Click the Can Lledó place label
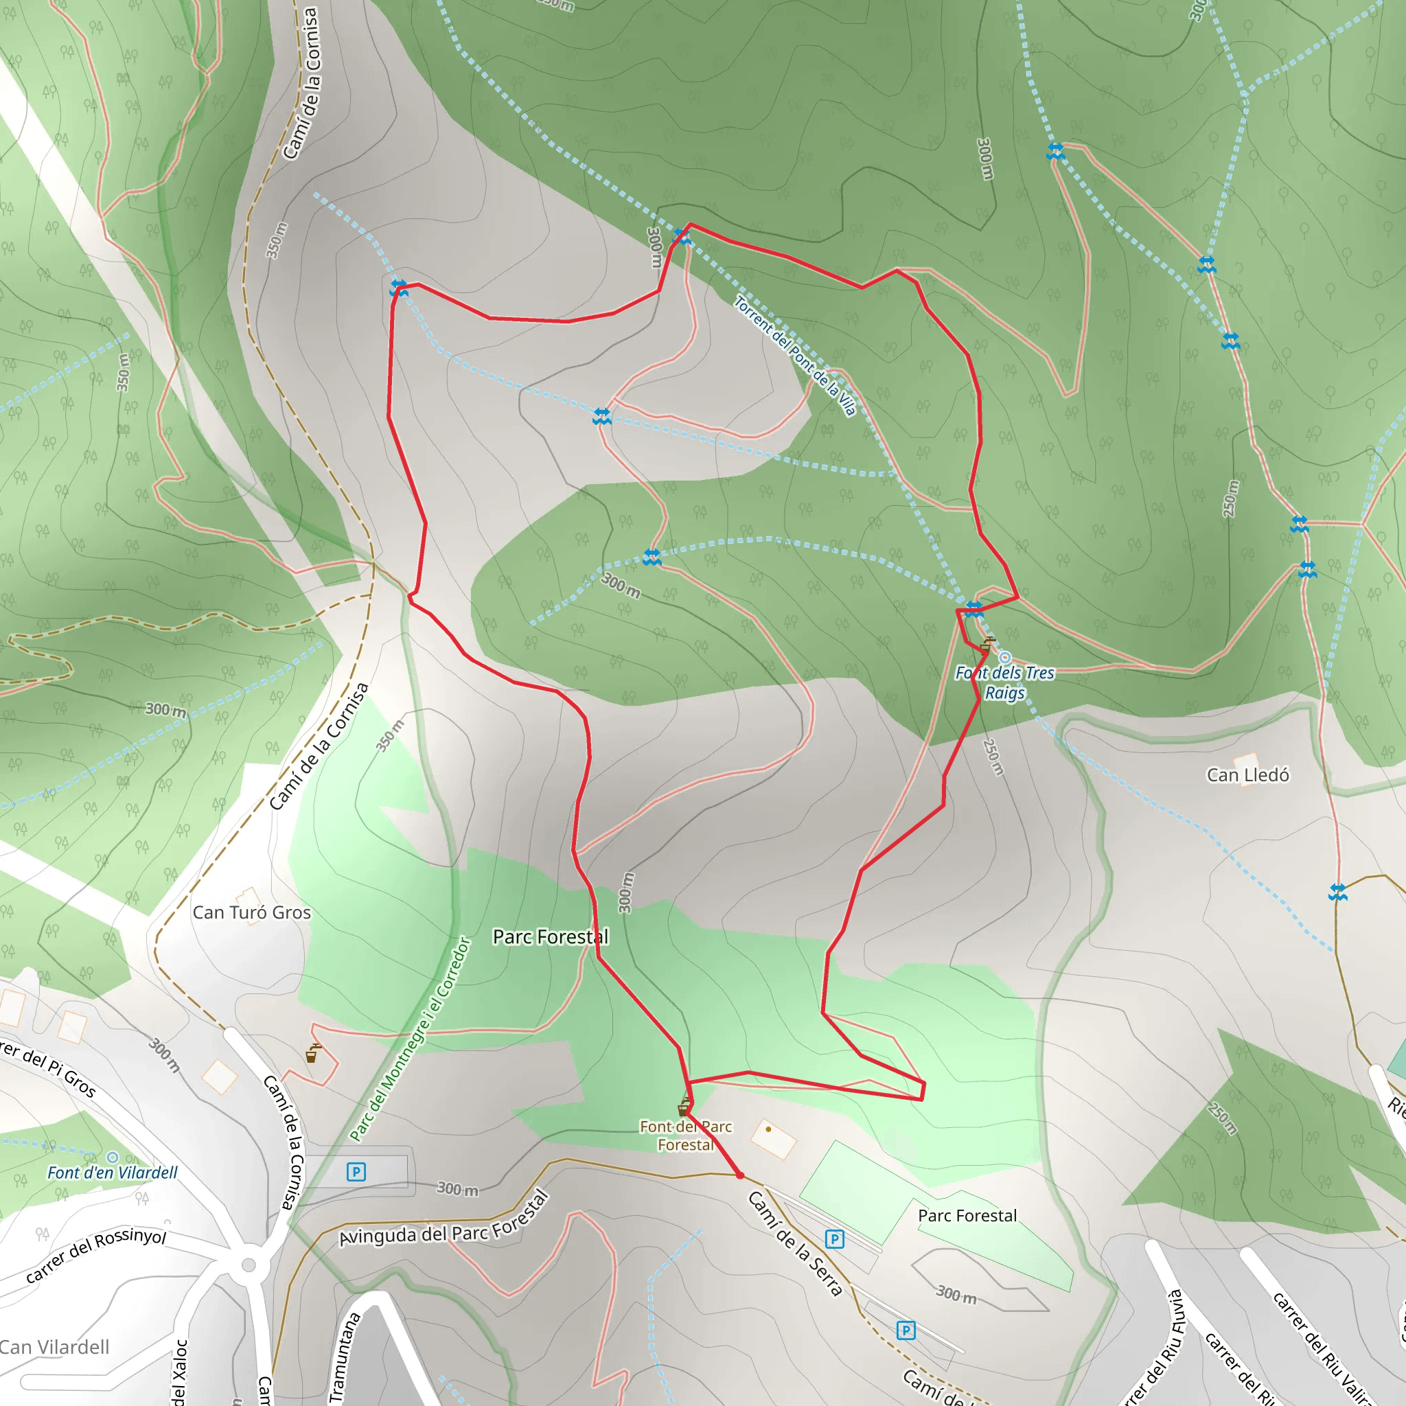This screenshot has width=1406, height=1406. click(x=1247, y=775)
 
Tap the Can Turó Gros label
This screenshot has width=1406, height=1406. click(x=251, y=912)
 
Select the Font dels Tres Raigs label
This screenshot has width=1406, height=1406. click(x=1004, y=682)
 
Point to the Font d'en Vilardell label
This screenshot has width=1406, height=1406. click(x=112, y=1173)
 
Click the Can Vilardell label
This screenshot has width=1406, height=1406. click(x=55, y=1347)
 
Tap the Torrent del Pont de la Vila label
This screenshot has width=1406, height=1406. click(x=795, y=356)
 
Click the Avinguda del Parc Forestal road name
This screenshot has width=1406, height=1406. click(x=444, y=1221)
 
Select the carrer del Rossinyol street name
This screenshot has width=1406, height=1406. click(x=96, y=1256)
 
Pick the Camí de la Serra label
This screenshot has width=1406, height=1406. click(x=795, y=1244)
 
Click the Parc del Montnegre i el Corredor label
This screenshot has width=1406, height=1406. click(x=410, y=1039)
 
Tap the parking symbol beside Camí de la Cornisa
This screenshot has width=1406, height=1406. click(x=356, y=1172)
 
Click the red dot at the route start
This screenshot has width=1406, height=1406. click(x=739, y=1175)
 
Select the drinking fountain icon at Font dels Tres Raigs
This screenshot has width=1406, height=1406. click(x=987, y=644)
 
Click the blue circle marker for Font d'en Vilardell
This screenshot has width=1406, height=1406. click(x=112, y=1157)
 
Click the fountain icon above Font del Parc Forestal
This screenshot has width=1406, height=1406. click(x=684, y=1107)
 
